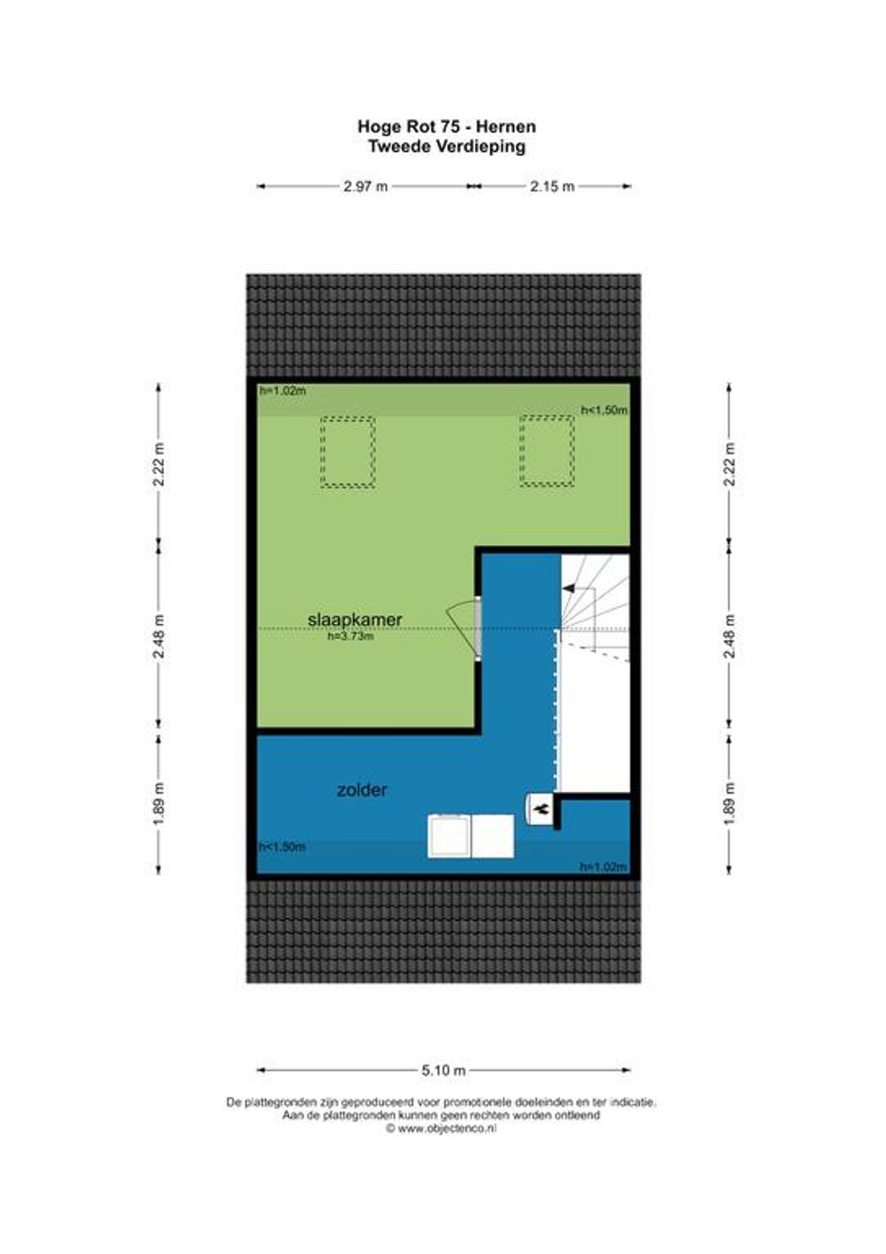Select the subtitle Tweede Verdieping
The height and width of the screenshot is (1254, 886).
click(x=446, y=147)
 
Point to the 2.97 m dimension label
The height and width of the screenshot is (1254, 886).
click(x=366, y=186)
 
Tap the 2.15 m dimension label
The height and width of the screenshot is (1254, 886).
click(x=552, y=186)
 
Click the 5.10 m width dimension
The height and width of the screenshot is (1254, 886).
click(x=443, y=1070)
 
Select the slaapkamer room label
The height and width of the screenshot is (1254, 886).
click(x=355, y=620)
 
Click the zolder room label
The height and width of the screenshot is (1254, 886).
click(x=362, y=790)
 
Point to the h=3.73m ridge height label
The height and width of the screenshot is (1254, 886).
click(x=351, y=636)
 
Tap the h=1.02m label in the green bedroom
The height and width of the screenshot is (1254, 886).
click(x=283, y=391)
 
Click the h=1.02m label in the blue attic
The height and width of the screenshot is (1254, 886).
click(x=603, y=867)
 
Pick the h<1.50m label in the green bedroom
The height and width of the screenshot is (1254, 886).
click(x=604, y=410)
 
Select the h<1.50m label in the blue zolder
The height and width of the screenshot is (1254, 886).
click(x=282, y=846)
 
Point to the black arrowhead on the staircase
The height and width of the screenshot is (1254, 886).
click(x=569, y=588)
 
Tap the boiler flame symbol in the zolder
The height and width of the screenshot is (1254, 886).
click(x=541, y=808)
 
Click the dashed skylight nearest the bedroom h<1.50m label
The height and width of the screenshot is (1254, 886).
click(x=547, y=451)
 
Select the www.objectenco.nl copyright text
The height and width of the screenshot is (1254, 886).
click(x=441, y=1129)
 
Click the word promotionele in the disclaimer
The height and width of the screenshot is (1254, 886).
click(x=477, y=1102)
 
